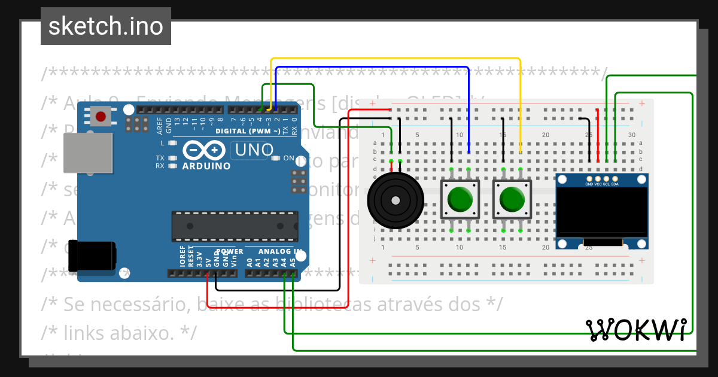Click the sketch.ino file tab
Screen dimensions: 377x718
[x=106, y=26]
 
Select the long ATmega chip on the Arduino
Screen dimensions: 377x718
[x=235, y=226]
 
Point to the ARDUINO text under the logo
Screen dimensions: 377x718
[x=206, y=166]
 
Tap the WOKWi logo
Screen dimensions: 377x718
[x=637, y=329]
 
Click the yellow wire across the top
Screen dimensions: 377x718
[x=395, y=59]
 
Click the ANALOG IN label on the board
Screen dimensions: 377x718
[x=280, y=251]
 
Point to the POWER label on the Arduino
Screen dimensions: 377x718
[x=230, y=251]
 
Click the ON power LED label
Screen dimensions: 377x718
[x=288, y=158]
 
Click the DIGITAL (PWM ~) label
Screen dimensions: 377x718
[x=248, y=130]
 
